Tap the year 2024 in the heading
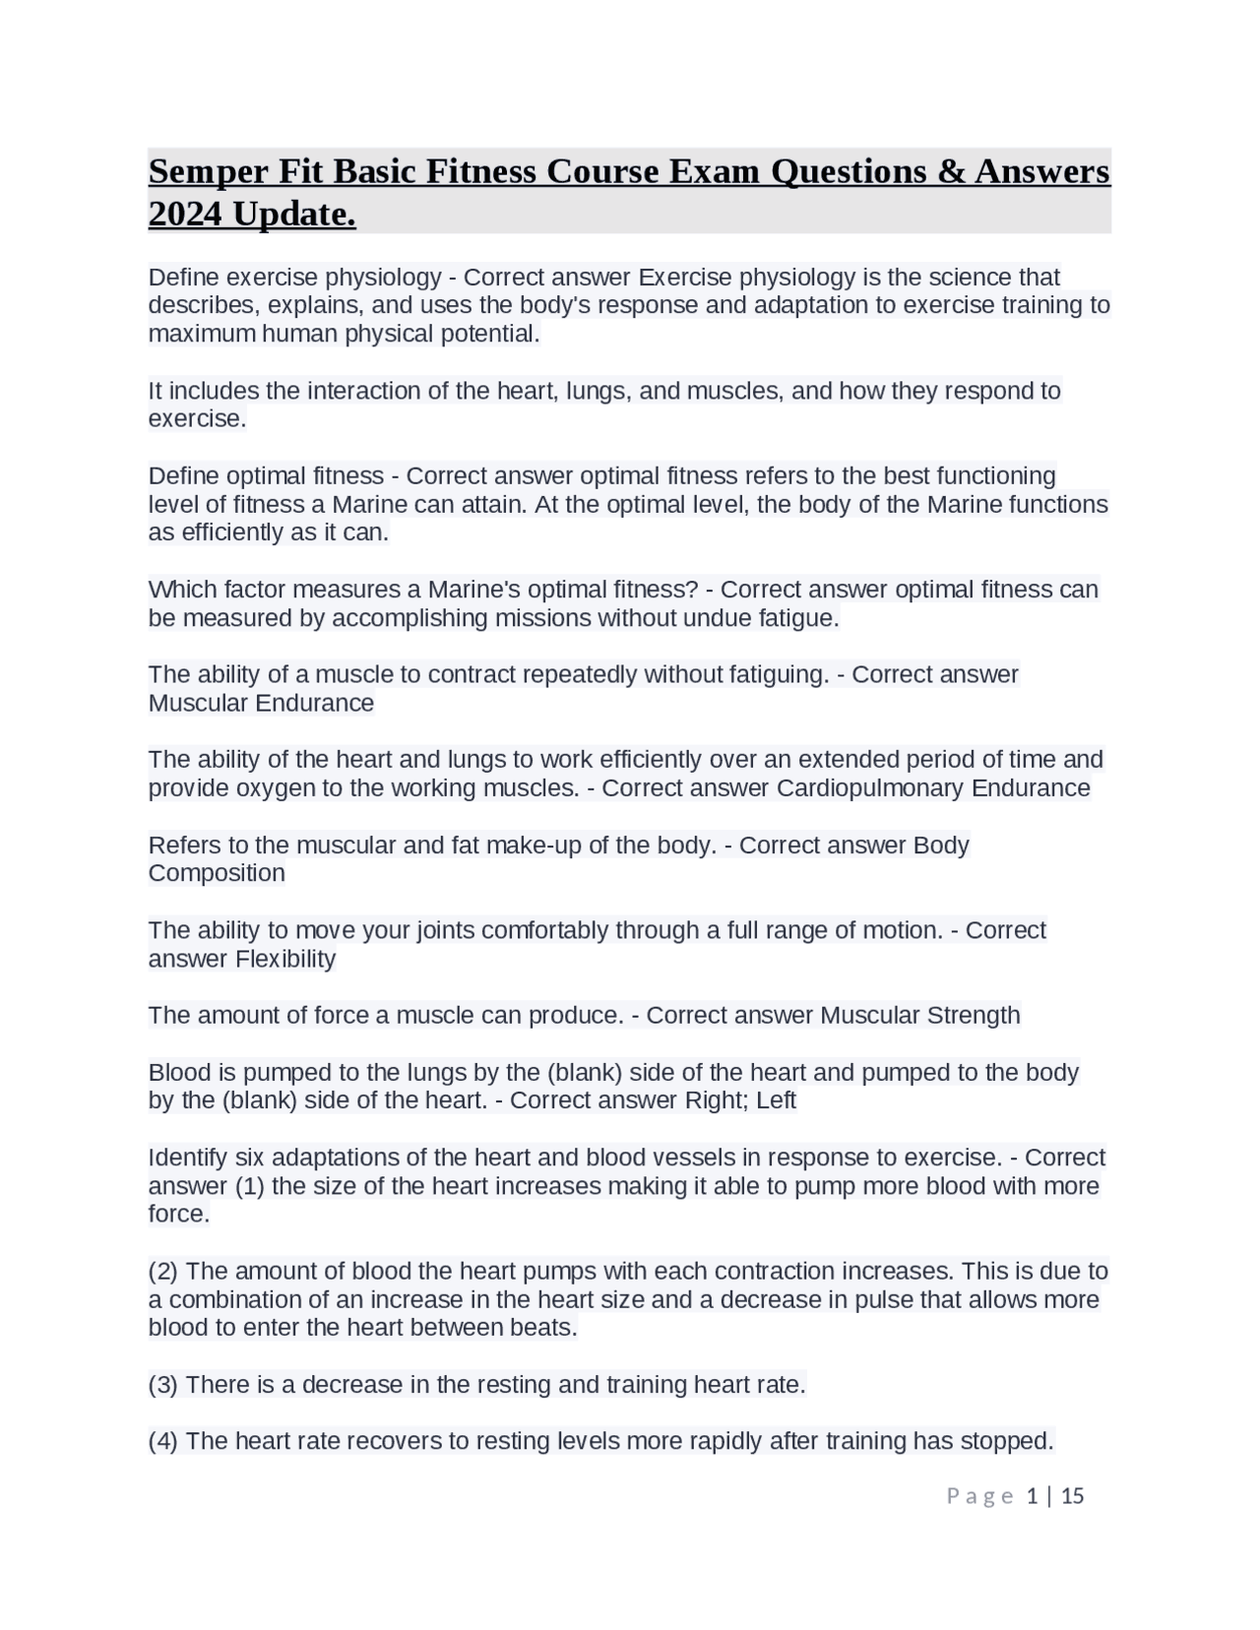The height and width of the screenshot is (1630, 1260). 184,215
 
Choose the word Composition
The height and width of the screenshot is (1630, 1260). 217,873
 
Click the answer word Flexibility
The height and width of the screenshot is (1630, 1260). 284,959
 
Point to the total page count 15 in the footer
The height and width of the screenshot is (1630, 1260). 1073,1496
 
